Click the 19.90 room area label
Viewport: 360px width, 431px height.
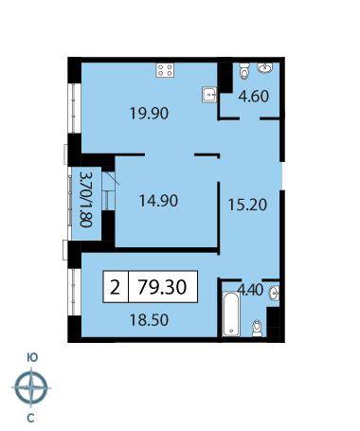click(x=149, y=113)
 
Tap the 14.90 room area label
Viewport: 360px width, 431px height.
click(x=158, y=201)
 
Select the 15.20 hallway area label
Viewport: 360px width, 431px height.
click(x=247, y=205)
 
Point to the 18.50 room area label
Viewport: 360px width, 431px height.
click(x=149, y=320)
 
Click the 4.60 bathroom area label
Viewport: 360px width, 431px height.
click(x=254, y=96)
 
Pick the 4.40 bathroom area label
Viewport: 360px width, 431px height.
click(x=250, y=290)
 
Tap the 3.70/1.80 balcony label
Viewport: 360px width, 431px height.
click(x=86, y=199)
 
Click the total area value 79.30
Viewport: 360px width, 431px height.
click(x=163, y=287)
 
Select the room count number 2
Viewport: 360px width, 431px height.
click(x=115, y=287)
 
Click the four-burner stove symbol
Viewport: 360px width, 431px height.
click(x=165, y=70)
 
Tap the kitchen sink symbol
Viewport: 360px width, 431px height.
click(x=209, y=94)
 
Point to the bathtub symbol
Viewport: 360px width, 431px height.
click(x=231, y=314)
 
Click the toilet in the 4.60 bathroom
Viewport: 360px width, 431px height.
click(x=244, y=71)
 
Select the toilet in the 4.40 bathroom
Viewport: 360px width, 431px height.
click(x=258, y=329)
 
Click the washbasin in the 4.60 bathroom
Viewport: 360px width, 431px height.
click(x=264, y=67)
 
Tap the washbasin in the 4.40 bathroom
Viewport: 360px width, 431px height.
click(x=274, y=293)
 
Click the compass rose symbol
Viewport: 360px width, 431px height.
click(x=31, y=387)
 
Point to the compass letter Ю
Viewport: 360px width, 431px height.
click(x=32, y=357)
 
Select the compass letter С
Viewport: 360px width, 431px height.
click(x=30, y=419)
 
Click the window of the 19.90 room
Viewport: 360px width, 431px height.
click(x=75, y=108)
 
